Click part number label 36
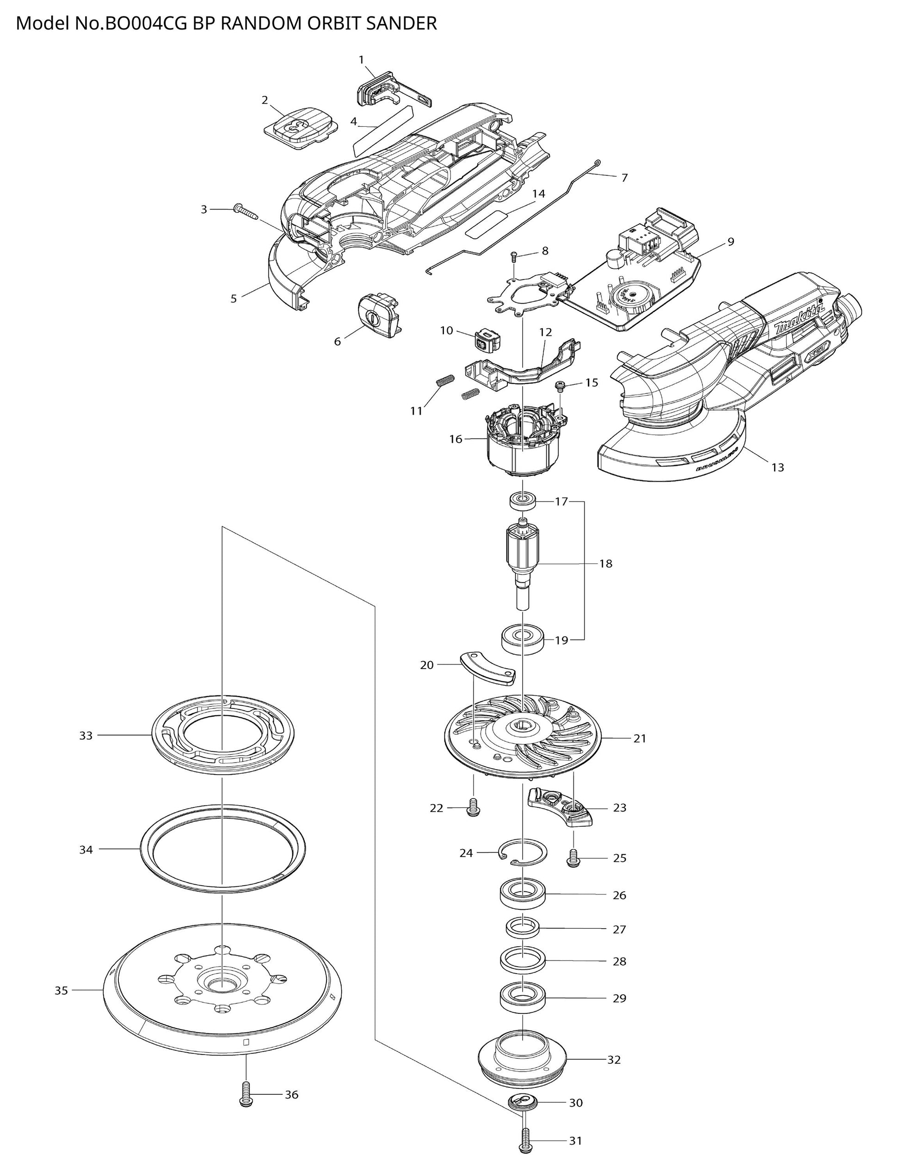pos(291,1094)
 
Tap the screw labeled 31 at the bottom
pos(525,1143)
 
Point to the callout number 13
pos(777,467)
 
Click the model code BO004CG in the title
pos(144,24)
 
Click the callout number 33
pos(86,736)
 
